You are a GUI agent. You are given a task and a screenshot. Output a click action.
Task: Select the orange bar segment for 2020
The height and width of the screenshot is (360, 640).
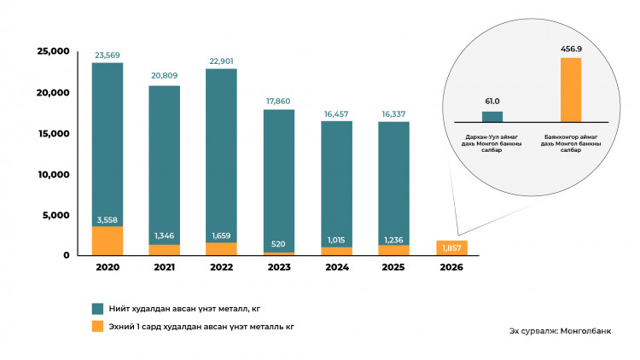(x=108, y=241)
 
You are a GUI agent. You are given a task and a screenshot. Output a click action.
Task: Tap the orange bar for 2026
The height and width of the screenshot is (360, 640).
(x=451, y=247)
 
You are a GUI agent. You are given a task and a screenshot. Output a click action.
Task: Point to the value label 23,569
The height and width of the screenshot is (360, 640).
(x=108, y=56)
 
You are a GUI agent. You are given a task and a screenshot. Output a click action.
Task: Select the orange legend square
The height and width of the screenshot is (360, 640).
(x=98, y=326)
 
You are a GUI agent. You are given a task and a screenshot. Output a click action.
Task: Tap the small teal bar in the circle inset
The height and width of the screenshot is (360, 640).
(x=492, y=116)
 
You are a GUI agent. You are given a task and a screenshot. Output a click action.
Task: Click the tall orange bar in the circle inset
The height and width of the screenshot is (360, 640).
(x=570, y=89)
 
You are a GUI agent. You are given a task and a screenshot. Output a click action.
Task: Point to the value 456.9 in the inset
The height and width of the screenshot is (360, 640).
(x=570, y=50)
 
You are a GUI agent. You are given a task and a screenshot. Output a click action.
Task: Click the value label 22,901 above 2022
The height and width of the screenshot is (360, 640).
(x=221, y=61)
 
